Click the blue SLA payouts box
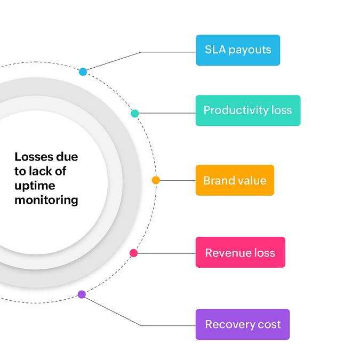click(x=237, y=50)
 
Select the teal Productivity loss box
click(x=247, y=110)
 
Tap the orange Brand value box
click(x=234, y=180)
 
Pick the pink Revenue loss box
click(x=240, y=252)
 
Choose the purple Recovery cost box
click(x=242, y=324)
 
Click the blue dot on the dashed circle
click(x=83, y=71)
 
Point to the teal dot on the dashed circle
click(x=135, y=113)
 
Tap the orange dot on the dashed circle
click(x=156, y=180)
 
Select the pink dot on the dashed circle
click(x=133, y=253)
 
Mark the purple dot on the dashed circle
click(x=82, y=294)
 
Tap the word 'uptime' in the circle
click(x=35, y=186)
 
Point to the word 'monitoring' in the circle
click(x=46, y=201)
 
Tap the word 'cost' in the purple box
click(x=268, y=324)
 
